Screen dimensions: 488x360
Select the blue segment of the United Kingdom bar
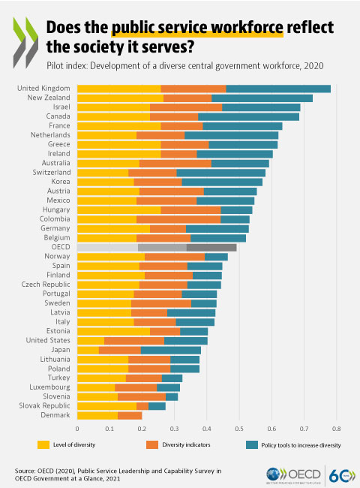(x=278, y=89)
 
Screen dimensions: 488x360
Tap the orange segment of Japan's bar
(x=119, y=350)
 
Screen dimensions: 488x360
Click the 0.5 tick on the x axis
(x=238, y=429)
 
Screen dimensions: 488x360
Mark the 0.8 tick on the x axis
(x=335, y=429)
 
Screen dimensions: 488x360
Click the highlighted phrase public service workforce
(x=198, y=29)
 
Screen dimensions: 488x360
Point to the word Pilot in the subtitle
(x=55, y=66)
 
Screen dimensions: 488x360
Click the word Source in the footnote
(x=26, y=469)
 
